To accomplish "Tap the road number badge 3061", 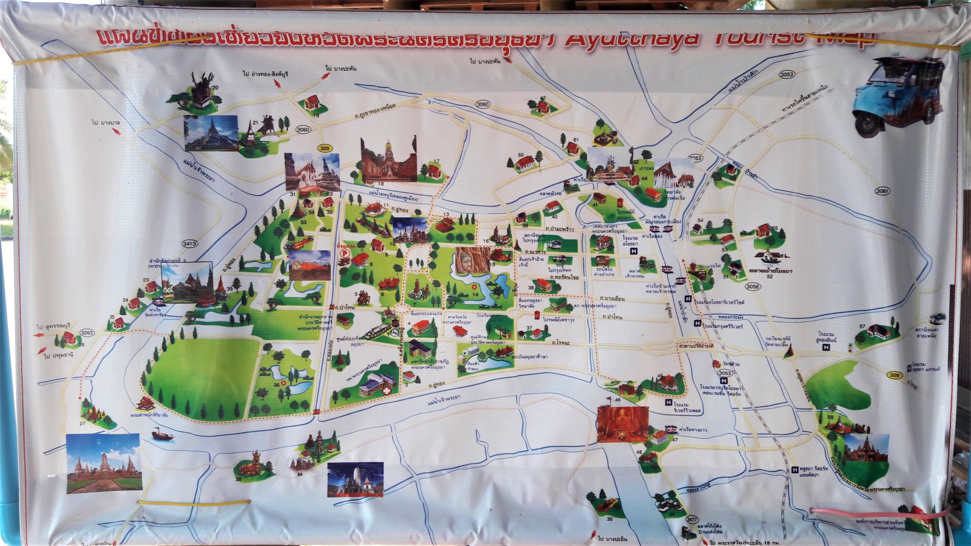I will click(x=883, y=191).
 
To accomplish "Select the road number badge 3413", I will click(x=189, y=244).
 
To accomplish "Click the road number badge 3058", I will click(x=752, y=286).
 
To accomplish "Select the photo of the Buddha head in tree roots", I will click(x=473, y=260).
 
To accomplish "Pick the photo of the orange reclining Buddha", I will click(x=309, y=265).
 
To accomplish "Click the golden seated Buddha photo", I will click(x=623, y=423).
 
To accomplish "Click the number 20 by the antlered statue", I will click(x=215, y=88).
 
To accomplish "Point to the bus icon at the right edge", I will click(x=938, y=318).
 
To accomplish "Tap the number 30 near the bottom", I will click(x=609, y=519).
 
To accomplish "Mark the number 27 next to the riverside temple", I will click(x=82, y=424).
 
